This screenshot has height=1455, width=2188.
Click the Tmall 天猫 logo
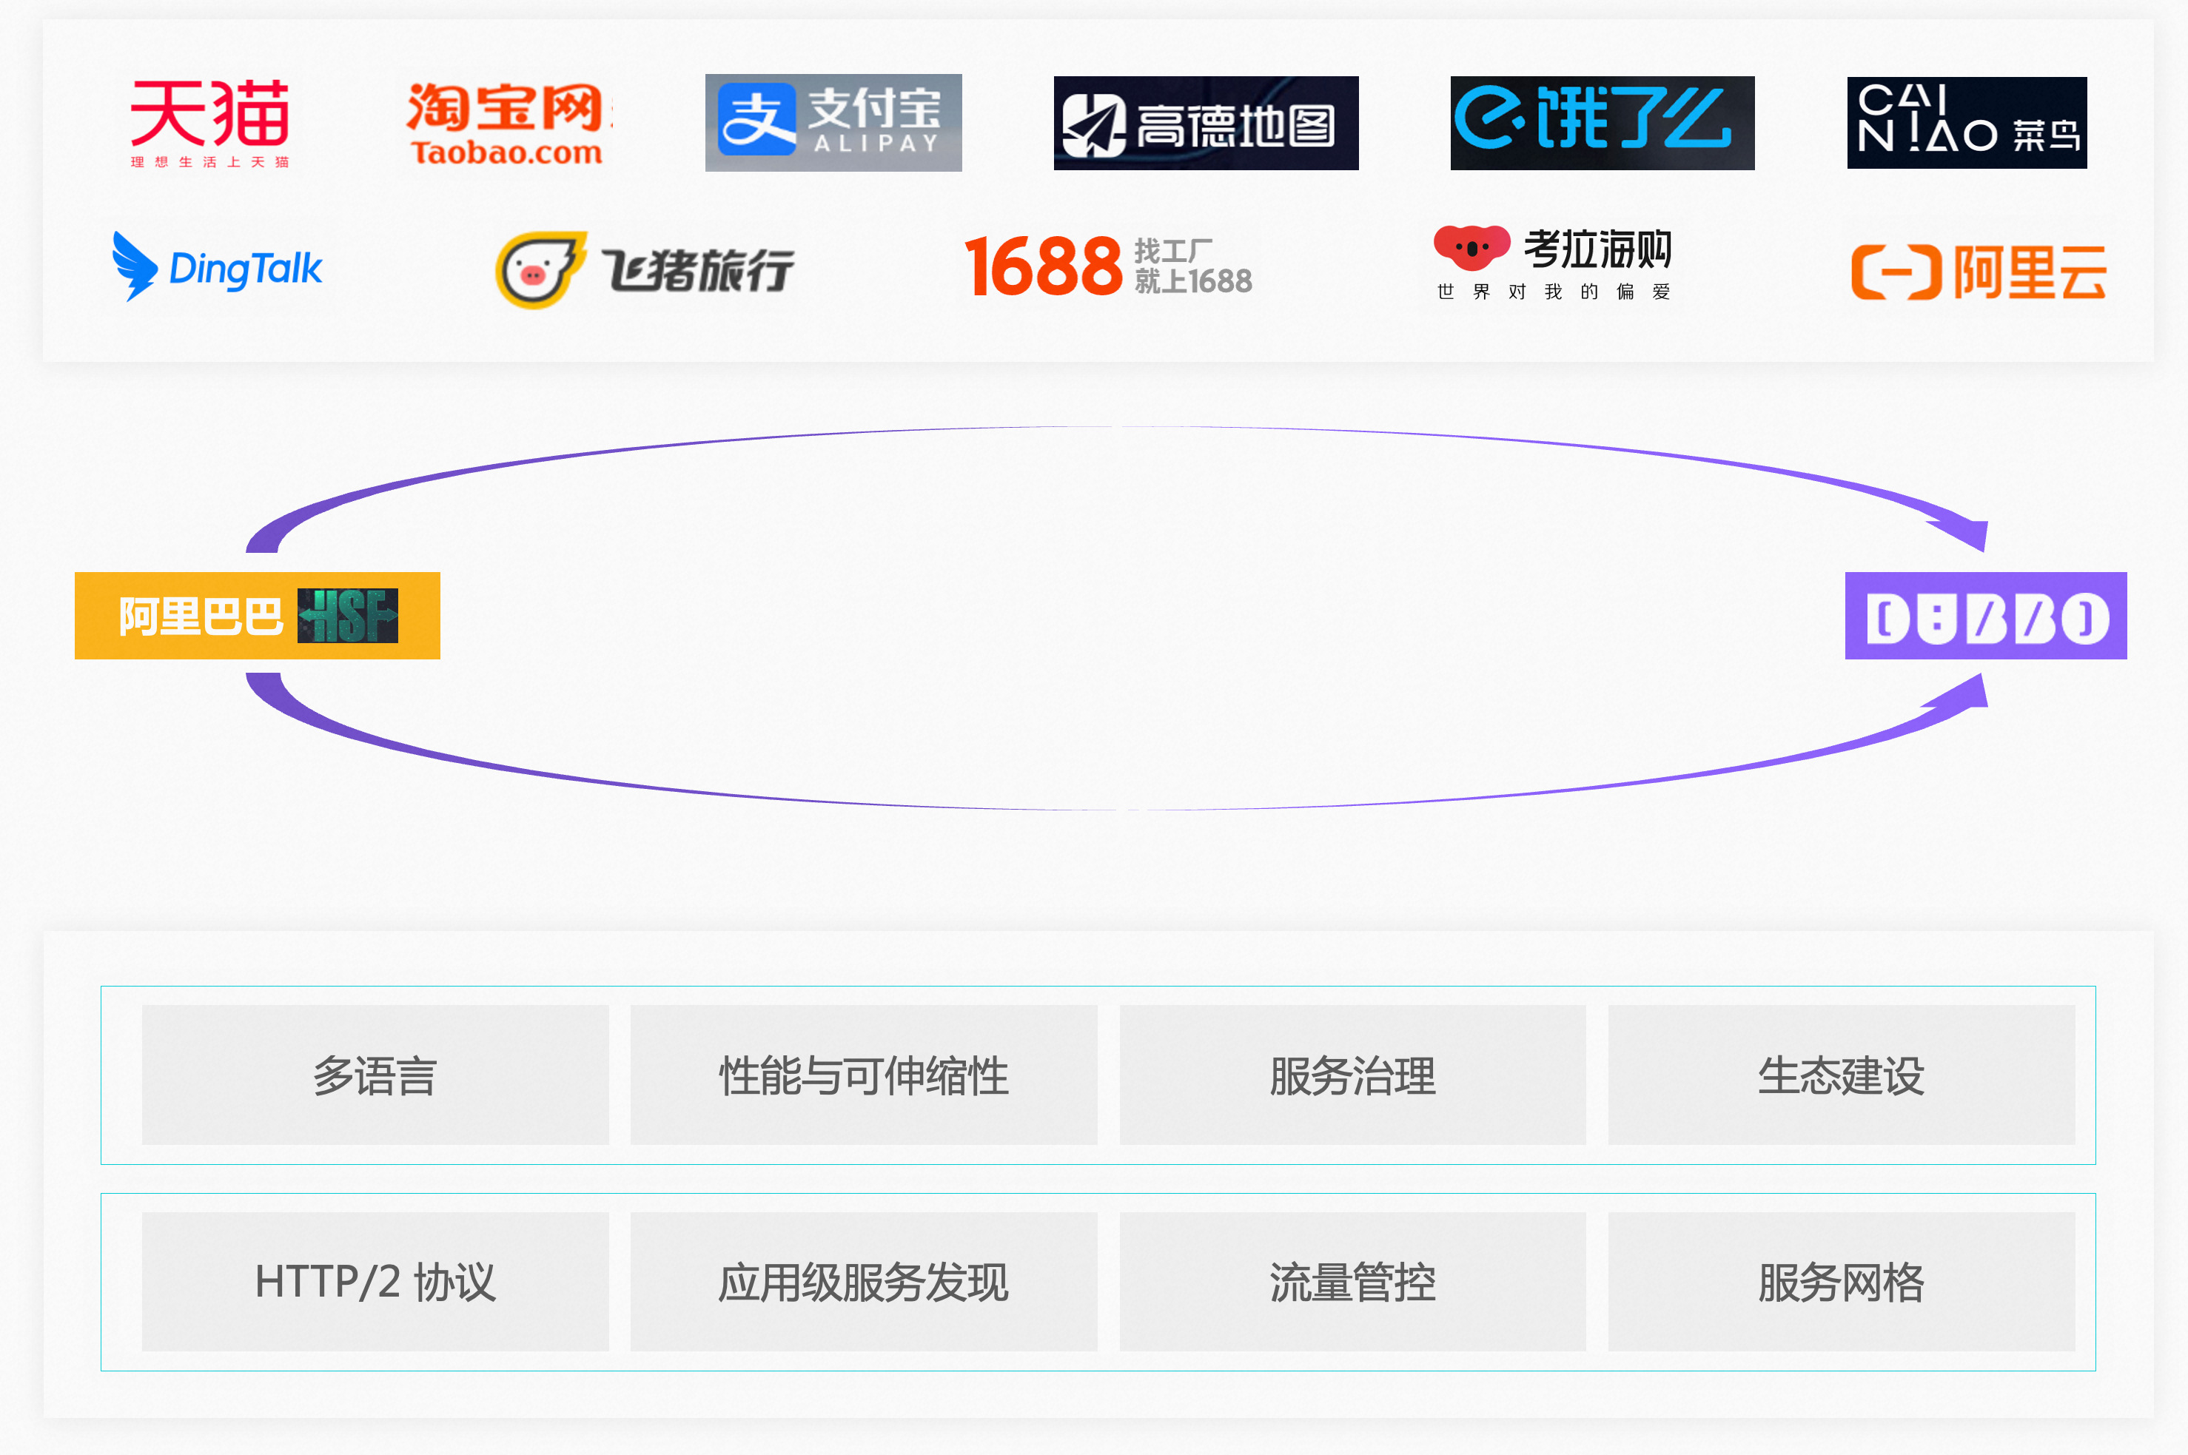(x=209, y=124)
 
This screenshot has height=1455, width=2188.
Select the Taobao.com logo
(x=509, y=124)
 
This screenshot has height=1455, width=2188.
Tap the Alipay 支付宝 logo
(x=833, y=123)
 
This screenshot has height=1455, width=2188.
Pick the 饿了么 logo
(x=1602, y=124)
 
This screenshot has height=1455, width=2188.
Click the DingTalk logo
(x=216, y=267)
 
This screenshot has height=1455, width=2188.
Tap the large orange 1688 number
(x=1044, y=266)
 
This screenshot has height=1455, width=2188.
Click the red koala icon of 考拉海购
(x=1471, y=248)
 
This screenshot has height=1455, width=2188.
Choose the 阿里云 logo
(x=1979, y=272)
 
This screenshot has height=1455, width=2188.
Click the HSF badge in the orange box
(x=348, y=615)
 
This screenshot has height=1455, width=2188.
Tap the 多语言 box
(x=375, y=1075)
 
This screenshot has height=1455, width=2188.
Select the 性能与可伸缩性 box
(x=864, y=1075)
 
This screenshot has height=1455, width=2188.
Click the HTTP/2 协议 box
(x=375, y=1282)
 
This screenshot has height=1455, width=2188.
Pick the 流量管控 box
(x=1352, y=1282)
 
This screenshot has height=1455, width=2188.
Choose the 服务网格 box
(x=1841, y=1282)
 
